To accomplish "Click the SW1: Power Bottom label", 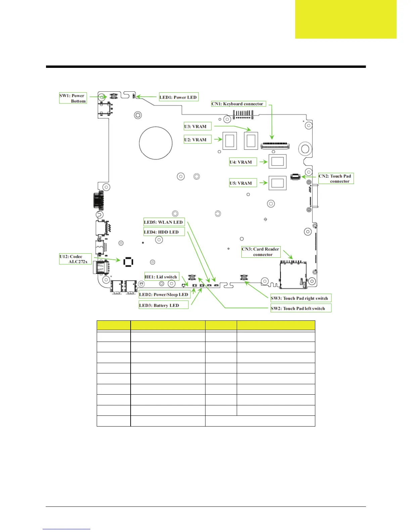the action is tap(73, 98).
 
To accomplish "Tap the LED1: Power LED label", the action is tap(178, 97).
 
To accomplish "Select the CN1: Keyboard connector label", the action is tap(238, 104).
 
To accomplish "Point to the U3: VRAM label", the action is tap(197, 127).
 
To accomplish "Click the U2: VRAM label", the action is tap(197, 140).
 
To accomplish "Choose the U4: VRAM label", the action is tap(243, 162).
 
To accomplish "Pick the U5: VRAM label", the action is tap(243, 183).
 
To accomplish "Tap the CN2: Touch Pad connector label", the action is tap(336, 178).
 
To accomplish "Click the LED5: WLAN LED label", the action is tap(164, 222).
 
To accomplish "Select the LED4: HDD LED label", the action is tap(164, 232).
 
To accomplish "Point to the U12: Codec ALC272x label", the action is tap(75, 259).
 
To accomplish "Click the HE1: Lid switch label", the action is tap(162, 277).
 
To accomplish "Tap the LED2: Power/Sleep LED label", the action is tap(164, 295).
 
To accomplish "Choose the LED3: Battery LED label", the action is tap(164, 305).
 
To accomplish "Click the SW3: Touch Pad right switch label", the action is tap(301, 298).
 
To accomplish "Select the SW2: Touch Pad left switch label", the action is tap(301, 308).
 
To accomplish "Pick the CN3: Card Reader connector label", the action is tap(261, 252).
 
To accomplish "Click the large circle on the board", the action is tap(156, 143).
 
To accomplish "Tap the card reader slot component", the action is tap(293, 275).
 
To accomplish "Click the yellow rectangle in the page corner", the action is tap(346, 19).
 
